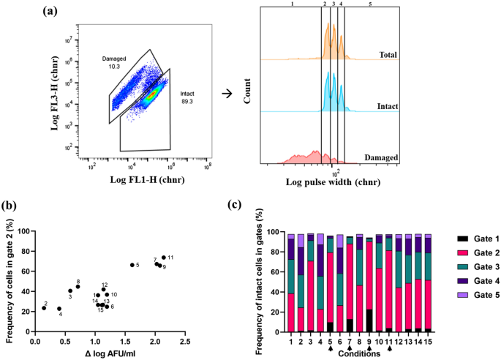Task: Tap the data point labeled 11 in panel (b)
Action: coord(163,258)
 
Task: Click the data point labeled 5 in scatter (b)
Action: coord(132,265)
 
